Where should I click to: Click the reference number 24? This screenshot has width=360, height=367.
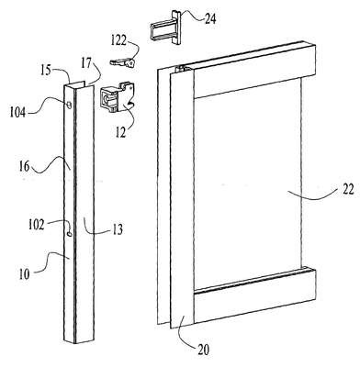point(210,18)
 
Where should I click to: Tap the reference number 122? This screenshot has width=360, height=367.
point(118,40)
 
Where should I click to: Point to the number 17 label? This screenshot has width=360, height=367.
point(86,63)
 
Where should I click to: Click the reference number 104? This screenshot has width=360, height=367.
point(17,112)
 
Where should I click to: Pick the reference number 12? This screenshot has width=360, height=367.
point(121,132)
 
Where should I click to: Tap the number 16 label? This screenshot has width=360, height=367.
point(25,167)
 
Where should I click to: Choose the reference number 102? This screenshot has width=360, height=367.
point(37,225)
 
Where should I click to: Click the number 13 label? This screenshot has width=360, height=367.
point(118,229)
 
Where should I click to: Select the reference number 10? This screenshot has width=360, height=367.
point(25,274)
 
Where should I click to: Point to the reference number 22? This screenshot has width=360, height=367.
point(348,189)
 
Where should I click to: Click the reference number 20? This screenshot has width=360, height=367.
point(204,350)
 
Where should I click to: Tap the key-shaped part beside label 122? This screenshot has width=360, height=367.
point(122,62)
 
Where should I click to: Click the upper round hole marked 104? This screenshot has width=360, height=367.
point(69,106)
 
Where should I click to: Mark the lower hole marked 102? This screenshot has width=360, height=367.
point(69,234)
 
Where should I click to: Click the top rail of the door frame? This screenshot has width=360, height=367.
point(254,72)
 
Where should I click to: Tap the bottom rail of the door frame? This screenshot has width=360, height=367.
point(254,296)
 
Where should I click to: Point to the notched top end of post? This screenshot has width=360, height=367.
point(78,84)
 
